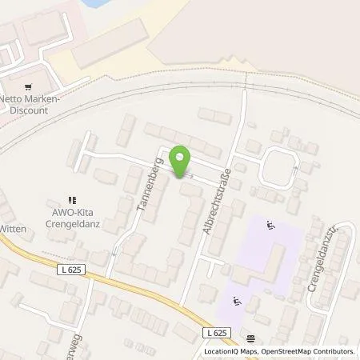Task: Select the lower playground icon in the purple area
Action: (x=235, y=302)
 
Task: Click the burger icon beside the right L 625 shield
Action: (x=252, y=338)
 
